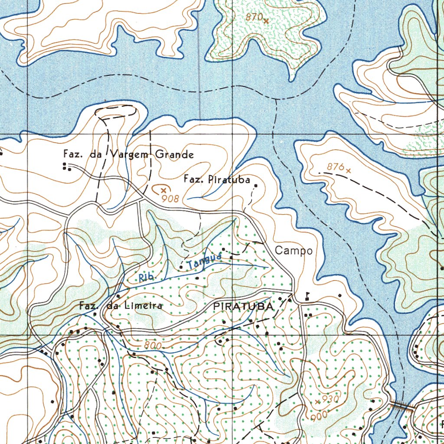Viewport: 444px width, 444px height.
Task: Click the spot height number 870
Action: pyautogui.click(x=254, y=17)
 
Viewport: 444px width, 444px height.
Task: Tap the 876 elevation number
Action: pyautogui.click(x=335, y=166)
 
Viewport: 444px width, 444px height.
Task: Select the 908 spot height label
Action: pyautogui.click(x=168, y=199)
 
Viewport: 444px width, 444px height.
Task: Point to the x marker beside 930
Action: pyautogui.click(x=318, y=402)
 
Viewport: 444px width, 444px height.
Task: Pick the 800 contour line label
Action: pyautogui.click(x=153, y=346)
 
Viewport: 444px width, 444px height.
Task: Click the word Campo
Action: pyautogui.click(x=294, y=251)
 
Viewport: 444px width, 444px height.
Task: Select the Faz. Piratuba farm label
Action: pyautogui.click(x=217, y=179)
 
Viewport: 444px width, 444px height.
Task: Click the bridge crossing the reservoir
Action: pyautogui.click(x=402, y=406)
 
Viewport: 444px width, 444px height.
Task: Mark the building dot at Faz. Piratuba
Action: pyautogui.click(x=256, y=186)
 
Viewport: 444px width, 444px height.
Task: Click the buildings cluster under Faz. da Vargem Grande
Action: pyautogui.click(x=66, y=166)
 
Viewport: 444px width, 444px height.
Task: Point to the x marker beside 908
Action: pyautogui.click(x=163, y=190)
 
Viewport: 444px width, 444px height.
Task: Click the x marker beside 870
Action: pyautogui.click(x=266, y=20)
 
